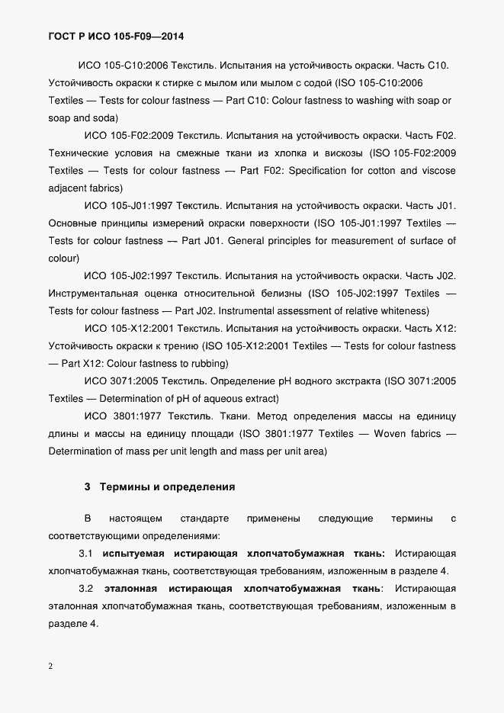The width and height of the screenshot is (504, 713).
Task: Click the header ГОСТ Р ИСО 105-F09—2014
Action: click(115, 36)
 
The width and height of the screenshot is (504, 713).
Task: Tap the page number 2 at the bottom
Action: click(51, 666)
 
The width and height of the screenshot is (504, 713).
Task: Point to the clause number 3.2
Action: click(85, 589)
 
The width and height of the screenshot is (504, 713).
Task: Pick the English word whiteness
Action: click(401, 310)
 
